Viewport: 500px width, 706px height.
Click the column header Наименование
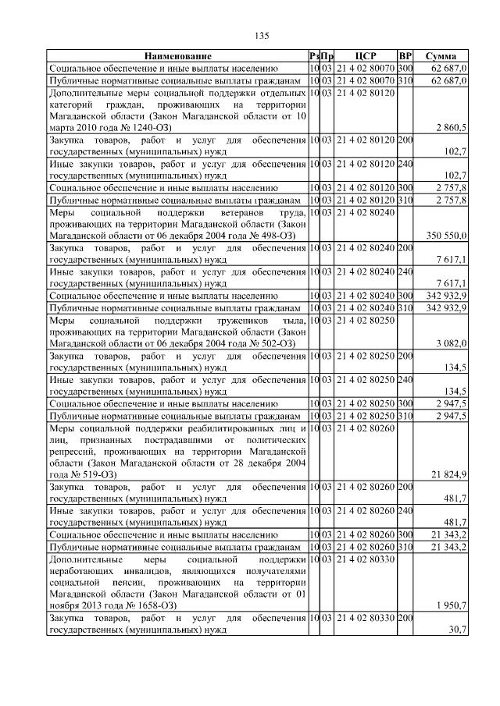[x=177, y=57]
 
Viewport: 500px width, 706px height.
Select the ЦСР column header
[x=366, y=57]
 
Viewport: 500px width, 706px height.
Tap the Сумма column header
[x=441, y=57]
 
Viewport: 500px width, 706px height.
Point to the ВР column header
[x=405, y=57]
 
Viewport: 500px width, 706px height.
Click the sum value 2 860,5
[x=451, y=127]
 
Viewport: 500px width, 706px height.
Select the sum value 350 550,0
[x=446, y=235]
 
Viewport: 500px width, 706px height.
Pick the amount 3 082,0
[x=451, y=343]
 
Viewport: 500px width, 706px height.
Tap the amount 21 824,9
[x=448, y=474]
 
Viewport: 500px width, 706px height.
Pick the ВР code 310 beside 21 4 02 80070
[x=405, y=80]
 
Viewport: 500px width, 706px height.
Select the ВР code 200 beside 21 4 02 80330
[x=405, y=618]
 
